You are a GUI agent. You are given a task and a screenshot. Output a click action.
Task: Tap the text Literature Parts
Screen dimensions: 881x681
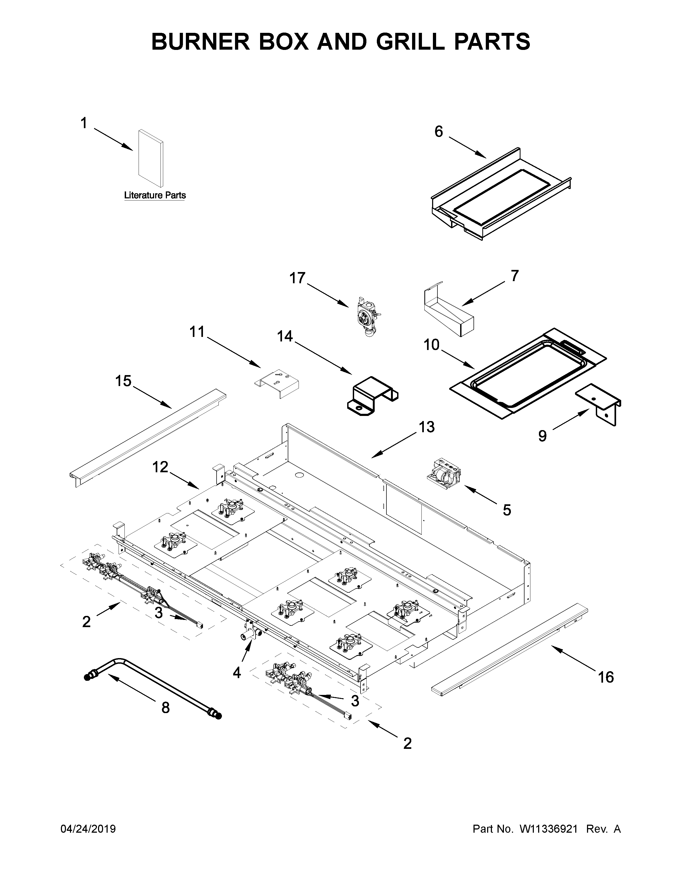click(155, 195)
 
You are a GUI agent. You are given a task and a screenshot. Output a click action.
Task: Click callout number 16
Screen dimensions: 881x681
click(606, 677)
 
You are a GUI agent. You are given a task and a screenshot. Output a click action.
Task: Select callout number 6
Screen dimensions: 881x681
click(439, 132)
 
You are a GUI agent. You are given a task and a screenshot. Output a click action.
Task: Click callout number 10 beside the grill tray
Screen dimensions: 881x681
click(431, 345)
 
